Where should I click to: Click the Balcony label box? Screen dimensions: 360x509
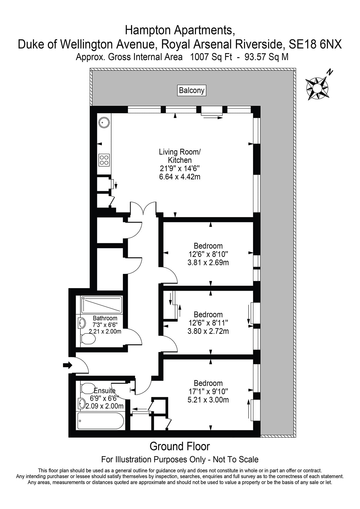pyautogui.click(x=191, y=90)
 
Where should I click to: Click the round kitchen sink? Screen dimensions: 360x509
pyautogui.click(x=104, y=122)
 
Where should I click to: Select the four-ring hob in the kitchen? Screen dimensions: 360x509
pyautogui.click(x=104, y=160)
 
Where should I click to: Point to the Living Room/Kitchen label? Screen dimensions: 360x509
pyautogui.click(x=180, y=156)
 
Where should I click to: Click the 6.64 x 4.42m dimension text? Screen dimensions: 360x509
pyautogui.click(x=180, y=176)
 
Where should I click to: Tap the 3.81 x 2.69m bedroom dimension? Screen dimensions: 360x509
pyautogui.click(x=208, y=263)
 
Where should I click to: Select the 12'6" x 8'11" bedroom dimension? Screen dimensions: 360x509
pyautogui.click(x=208, y=323)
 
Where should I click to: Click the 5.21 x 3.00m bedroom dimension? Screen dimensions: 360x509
pyautogui.click(x=208, y=400)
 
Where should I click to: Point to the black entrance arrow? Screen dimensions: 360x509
pyautogui.click(x=67, y=365)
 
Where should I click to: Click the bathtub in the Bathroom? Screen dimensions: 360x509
pyautogui.click(x=102, y=305)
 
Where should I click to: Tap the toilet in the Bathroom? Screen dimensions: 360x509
pyautogui.click(x=88, y=339)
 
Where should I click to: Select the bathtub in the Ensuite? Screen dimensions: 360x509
pyautogui.click(x=100, y=420)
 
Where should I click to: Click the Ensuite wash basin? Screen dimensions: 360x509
pyautogui.click(x=82, y=403)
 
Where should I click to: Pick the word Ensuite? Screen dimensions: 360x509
pyautogui.click(x=105, y=391)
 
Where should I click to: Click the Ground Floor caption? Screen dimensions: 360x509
pyautogui.click(x=180, y=446)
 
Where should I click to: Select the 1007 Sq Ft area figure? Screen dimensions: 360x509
pyautogui.click(x=211, y=57)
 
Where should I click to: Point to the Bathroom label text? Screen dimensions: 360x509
pyautogui.click(x=105, y=318)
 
